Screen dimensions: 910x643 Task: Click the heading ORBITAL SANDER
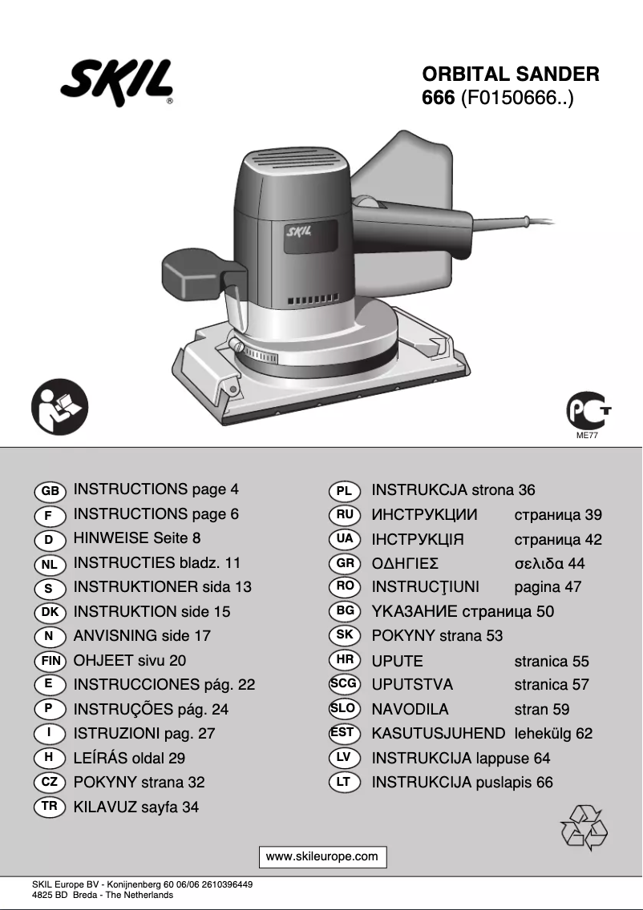[511, 74]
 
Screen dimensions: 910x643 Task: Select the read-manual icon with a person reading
[60, 408]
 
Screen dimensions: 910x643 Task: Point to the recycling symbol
[584, 827]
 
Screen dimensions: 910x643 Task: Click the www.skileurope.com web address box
[321, 856]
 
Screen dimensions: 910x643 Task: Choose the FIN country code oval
[51, 662]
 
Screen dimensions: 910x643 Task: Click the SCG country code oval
[345, 684]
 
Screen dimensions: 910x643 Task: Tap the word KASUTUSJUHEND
[439, 733]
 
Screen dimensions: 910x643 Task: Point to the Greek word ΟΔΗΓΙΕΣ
[405, 563]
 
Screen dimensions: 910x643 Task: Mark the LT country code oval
[344, 782]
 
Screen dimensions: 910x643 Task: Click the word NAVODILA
[410, 709]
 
